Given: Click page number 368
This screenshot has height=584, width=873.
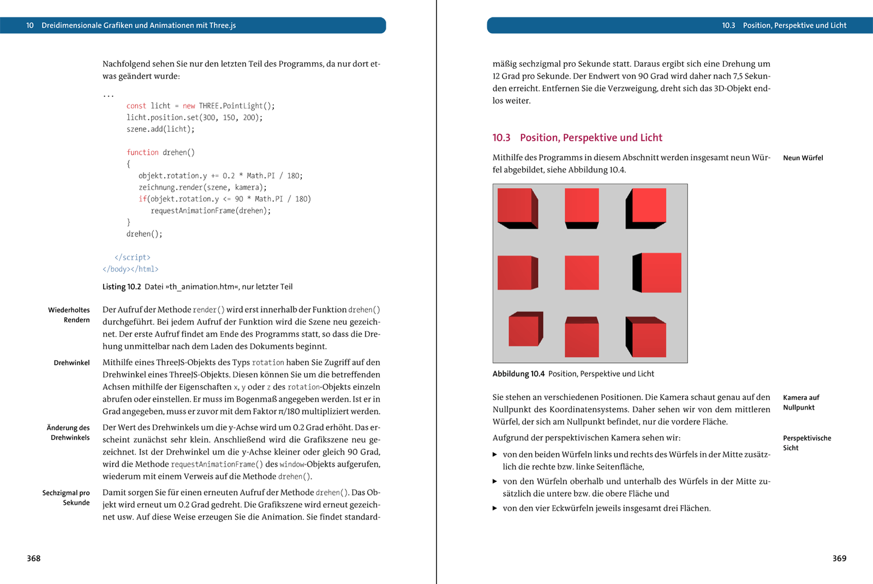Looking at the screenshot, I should tap(34, 558).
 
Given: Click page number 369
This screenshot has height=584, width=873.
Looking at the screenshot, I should tap(839, 558).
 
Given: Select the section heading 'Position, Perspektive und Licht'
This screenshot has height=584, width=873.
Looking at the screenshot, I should tap(590, 138).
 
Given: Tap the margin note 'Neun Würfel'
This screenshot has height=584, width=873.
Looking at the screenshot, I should tap(803, 158).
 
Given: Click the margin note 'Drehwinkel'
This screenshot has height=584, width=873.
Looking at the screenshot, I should tap(71, 363).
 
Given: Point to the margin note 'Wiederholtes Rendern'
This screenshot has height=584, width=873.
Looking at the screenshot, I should tap(69, 315).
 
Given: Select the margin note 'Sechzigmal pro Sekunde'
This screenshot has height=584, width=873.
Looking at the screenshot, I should tap(66, 498).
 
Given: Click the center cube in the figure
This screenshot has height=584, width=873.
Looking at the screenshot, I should tap(581, 273).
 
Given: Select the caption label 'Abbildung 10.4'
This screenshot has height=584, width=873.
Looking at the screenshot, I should tap(518, 374).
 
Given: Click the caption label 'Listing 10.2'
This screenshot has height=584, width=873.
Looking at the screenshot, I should tap(122, 287).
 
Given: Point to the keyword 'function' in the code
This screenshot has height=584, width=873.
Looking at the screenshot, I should tap(142, 152).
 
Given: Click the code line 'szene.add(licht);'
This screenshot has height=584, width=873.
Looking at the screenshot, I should tap(160, 129).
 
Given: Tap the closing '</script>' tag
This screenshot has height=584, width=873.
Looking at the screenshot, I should tap(133, 257).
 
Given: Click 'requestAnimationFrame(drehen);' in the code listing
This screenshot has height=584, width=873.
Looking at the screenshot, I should tap(211, 211).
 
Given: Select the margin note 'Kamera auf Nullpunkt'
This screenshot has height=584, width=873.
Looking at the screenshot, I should tap(800, 402).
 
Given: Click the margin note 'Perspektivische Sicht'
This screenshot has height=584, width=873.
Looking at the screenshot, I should tap(806, 443).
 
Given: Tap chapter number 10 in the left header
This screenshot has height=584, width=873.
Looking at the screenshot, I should tap(30, 25).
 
